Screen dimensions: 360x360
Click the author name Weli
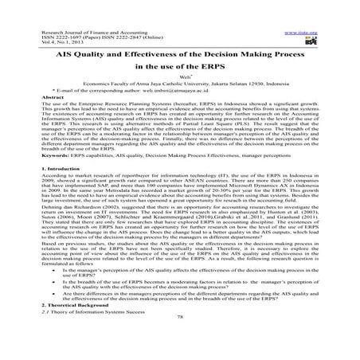click(179, 88)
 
